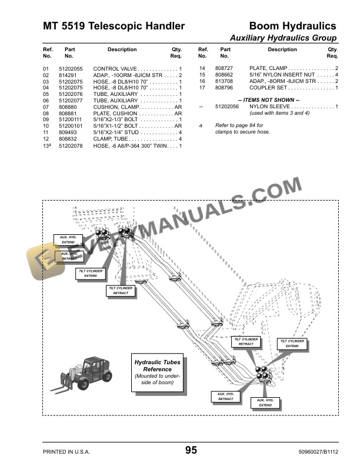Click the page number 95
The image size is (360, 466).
191,451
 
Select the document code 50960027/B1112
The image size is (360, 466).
316,452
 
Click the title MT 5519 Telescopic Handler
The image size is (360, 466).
114,26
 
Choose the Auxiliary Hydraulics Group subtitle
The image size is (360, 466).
283,38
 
